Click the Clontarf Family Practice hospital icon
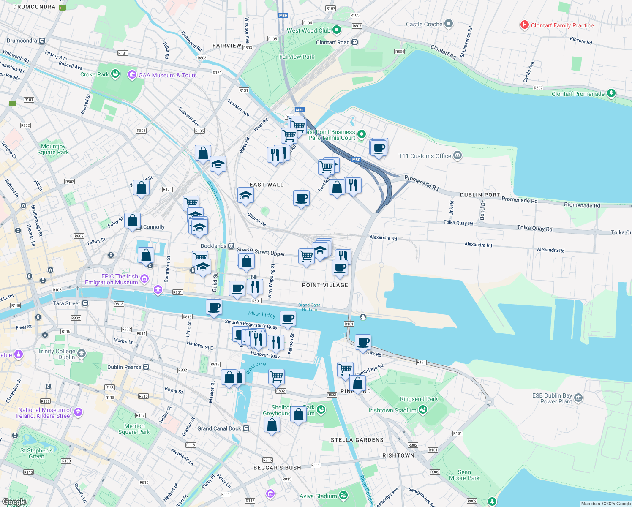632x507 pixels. (x=524, y=25)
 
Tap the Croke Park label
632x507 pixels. (x=95, y=74)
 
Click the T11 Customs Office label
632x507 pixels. (x=425, y=156)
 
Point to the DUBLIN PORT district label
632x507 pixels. (x=480, y=195)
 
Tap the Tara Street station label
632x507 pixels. (x=66, y=303)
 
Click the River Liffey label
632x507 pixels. (x=262, y=314)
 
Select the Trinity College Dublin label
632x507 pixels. (x=56, y=354)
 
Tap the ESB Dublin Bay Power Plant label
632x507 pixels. (x=552, y=398)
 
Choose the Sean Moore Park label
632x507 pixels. (x=464, y=475)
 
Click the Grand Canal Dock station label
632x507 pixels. (x=219, y=428)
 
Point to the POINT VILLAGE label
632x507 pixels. (x=325, y=285)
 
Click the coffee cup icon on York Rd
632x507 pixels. (x=363, y=342)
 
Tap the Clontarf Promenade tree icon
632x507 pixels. (x=611, y=93)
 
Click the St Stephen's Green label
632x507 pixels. (x=36, y=453)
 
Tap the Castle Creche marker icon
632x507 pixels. (x=449, y=24)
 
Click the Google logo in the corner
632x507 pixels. (x=14, y=502)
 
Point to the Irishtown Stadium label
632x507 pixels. (x=392, y=410)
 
